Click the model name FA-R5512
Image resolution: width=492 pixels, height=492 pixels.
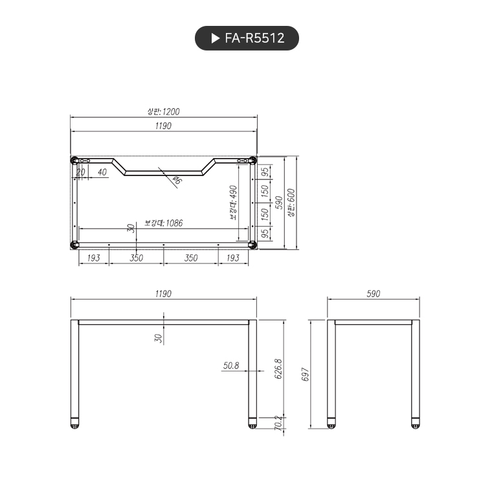point(254,38)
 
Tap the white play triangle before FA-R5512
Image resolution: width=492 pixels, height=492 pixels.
point(216,38)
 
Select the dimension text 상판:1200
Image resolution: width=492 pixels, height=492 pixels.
point(163,111)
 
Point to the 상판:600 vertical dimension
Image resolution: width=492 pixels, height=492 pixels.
point(291,203)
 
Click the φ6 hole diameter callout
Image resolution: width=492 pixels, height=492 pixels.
point(177,181)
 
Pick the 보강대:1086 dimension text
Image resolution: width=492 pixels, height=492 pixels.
point(164,223)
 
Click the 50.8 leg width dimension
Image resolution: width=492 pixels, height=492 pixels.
point(231,365)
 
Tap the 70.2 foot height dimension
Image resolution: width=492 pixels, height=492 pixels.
point(279,424)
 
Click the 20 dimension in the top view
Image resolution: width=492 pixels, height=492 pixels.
point(81,172)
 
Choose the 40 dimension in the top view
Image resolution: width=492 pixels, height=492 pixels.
point(102,172)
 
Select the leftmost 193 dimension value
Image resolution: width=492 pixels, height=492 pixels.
point(93,258)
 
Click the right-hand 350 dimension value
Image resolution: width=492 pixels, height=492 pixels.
point(191,258)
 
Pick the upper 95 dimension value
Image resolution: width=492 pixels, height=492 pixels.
point(265,172)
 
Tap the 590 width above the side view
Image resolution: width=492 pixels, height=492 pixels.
point(374,293)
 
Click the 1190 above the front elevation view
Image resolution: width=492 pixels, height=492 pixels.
point(163,293)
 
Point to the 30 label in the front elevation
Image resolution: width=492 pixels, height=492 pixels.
point(158,338)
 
